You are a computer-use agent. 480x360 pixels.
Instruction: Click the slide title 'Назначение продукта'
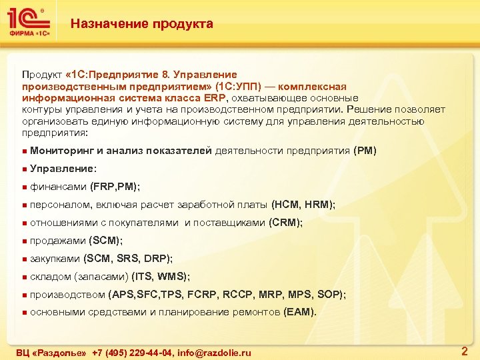click(142, 24)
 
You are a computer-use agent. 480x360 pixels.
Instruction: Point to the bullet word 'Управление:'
click(63, 169)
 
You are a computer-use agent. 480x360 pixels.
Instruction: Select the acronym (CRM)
click(285, 223)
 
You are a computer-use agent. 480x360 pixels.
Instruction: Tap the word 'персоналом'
click(62, 205)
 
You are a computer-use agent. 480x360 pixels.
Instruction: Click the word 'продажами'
click(59, 241)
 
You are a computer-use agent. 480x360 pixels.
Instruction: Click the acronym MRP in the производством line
click(263, 295)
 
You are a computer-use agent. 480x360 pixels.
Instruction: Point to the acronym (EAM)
click(300, 312)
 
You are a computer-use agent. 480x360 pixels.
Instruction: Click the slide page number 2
click(464, 351)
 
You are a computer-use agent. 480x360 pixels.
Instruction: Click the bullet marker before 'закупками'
click(24, 259)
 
